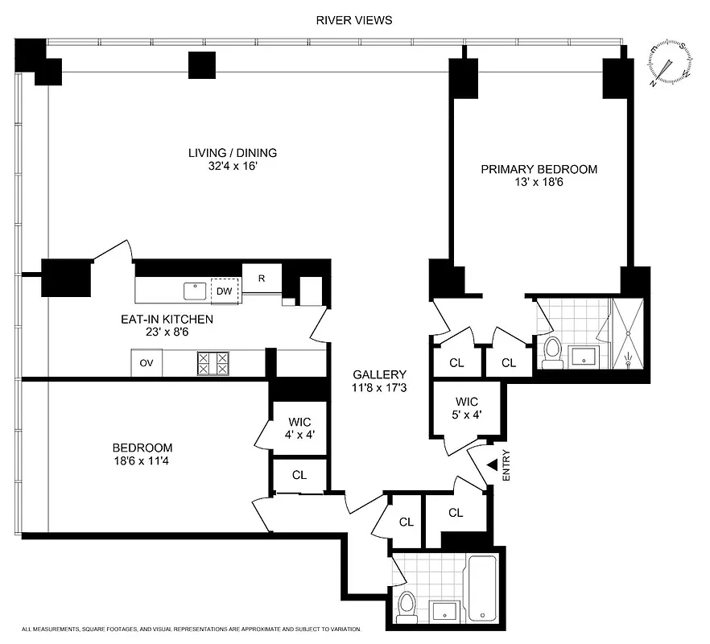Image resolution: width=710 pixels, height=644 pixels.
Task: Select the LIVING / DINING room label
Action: click(x=233, y=153)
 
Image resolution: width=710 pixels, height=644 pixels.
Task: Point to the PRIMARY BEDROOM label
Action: click(x=539, y=169)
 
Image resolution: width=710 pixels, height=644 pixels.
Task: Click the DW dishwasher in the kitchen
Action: click(x=225, y=291)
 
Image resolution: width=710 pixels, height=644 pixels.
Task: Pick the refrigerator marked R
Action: click(x=262, y=278)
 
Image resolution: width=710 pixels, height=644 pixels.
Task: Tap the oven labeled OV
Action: click(x=147, y=363)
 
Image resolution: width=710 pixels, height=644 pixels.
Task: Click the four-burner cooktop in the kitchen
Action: click(x=213, y=363)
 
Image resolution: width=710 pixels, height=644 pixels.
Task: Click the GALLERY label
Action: click(x=379, y=375)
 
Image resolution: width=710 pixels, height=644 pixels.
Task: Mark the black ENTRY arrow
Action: click(x=491, y=464)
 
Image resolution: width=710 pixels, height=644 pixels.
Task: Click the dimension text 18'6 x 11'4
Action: click(x=142, y=462)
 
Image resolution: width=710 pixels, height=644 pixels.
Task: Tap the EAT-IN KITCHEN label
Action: click(x=167, y=320)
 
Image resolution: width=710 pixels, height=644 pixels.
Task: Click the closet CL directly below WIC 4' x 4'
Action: click(x=299, y=475)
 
